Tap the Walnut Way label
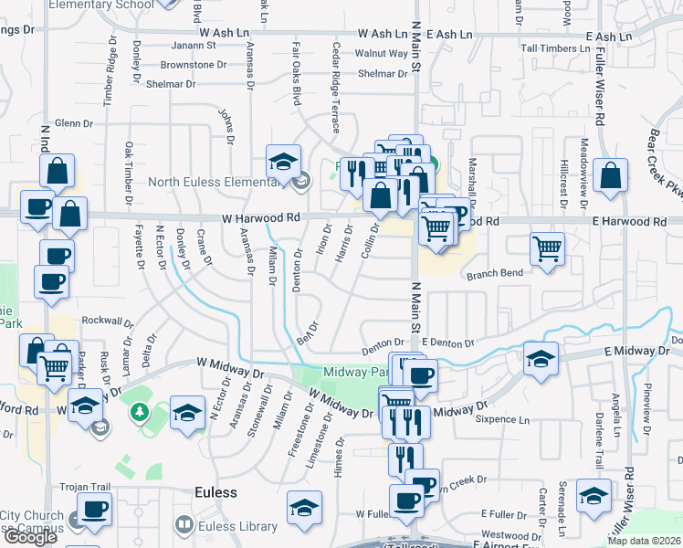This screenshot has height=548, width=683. tap(381, 53)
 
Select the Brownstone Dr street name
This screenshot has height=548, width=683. tap(193, 65)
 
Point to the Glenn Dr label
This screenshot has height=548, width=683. tap(74, 122)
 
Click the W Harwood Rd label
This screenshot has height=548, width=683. tap(261, 218)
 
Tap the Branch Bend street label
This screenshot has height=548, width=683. tap(495, 273)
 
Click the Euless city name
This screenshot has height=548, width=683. tap(215, 492)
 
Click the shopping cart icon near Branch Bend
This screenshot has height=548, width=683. tap(547, 247)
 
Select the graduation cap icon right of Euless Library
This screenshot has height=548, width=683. tap(304, 507)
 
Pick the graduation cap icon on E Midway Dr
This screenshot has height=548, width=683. tap(541, 358)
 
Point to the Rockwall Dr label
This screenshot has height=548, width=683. tap(109, 321)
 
